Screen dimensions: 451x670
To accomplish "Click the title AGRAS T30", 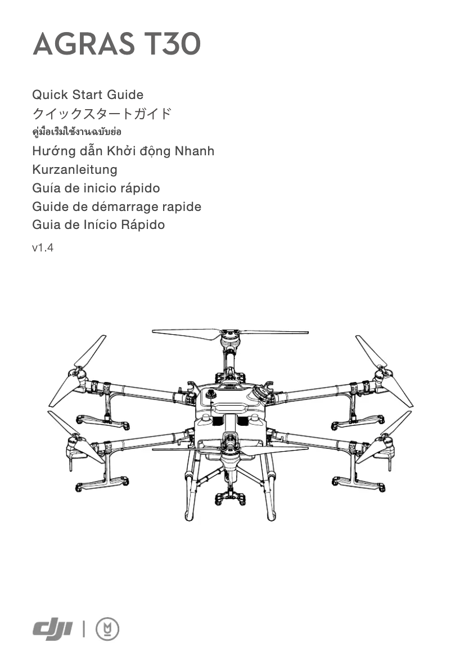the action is click(116, 44).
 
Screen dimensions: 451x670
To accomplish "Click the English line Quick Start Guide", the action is click(88, 95).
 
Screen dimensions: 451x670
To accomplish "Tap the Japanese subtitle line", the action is click(101, 114).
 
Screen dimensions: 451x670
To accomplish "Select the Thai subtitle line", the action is click(77, 132).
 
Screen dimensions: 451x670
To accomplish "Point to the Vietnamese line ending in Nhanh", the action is click(123, 151).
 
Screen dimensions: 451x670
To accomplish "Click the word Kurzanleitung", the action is click(75, 169).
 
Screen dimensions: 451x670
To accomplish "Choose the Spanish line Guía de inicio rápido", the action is click(96, 188).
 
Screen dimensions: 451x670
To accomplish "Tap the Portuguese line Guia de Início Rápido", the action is click(98, 225).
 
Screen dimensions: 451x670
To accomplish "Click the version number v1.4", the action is click(43, 247).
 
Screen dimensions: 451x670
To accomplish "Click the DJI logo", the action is click(53, 628).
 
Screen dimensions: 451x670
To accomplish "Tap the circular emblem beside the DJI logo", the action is click(107, 628).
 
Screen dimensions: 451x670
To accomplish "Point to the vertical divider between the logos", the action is click(84, 628).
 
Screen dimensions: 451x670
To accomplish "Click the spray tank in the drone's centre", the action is click(230, 408).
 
